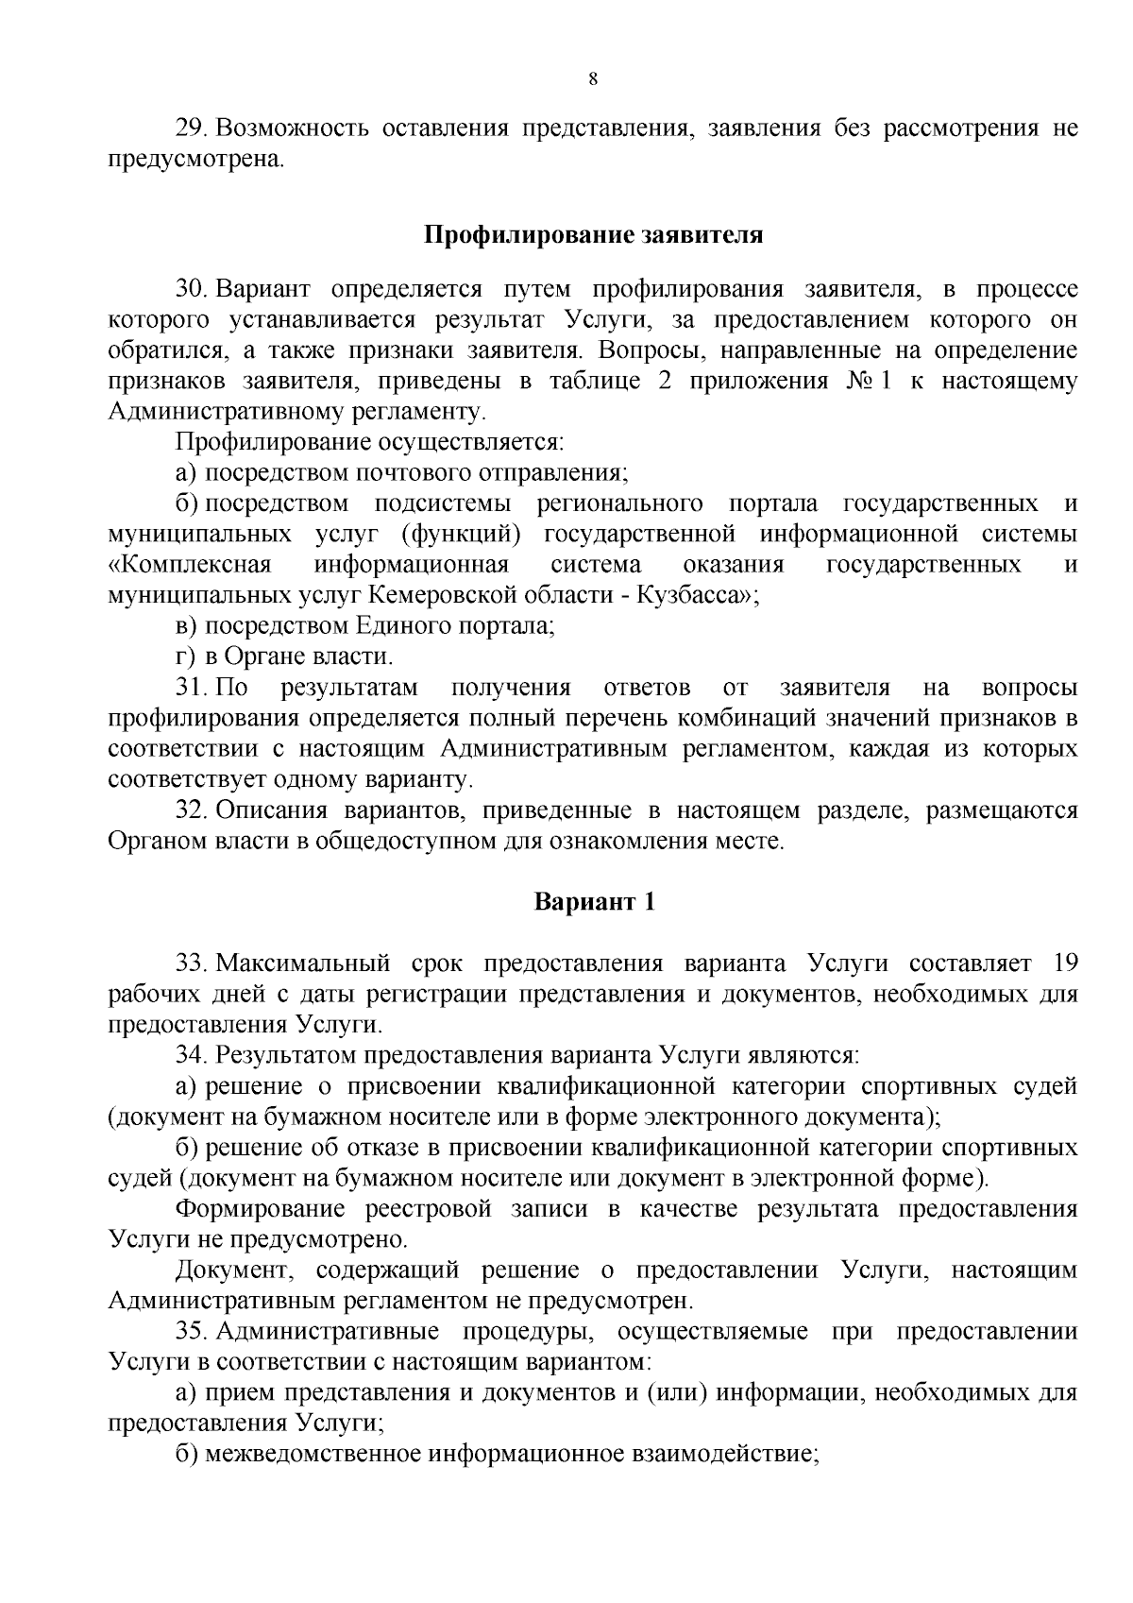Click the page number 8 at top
592,79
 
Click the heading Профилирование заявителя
592,234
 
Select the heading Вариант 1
592,901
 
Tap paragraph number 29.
192,128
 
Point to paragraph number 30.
192,289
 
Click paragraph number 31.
190,688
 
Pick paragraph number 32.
192,810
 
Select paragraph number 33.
192,964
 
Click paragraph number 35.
192,1332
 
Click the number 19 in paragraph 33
1063,964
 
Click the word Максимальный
303,964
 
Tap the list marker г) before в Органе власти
186,657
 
